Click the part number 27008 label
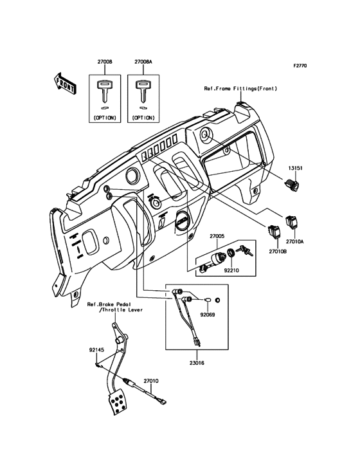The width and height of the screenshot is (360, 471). point(105,62)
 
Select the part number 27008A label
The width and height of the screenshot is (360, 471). point(143,62)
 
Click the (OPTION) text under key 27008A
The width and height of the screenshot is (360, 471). point(143,118)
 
